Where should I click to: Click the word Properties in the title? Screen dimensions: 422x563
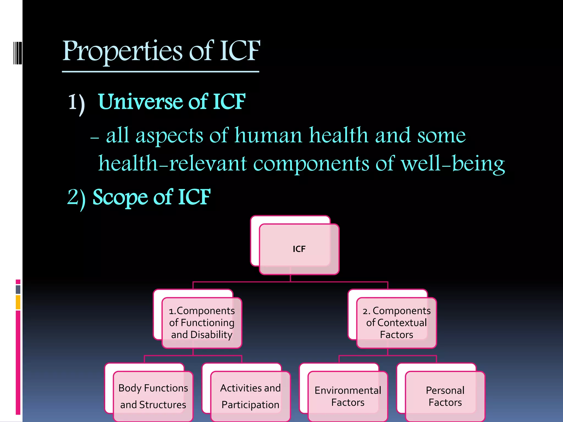pos(122,51)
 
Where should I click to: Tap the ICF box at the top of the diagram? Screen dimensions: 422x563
pos(299,249)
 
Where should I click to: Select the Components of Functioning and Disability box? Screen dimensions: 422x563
pos(202,323)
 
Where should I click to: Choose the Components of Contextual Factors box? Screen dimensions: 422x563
pos(396,323)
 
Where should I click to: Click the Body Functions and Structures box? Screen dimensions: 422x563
pos(153,396)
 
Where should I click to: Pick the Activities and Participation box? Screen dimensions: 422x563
pos(250,396)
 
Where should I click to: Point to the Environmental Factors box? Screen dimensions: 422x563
pos(348,396)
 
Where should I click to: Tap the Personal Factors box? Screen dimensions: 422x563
pos(445,396)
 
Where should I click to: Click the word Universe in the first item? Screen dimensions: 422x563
pos(140,102)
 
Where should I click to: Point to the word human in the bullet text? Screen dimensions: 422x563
pos(268,135)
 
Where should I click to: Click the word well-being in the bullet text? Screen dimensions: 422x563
pos(453,164)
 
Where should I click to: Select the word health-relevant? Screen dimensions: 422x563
pos(172,164)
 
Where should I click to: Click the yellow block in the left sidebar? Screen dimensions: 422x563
pos(18,302)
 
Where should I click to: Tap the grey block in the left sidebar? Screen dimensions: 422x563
pos(18,289)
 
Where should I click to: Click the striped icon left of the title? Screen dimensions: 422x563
pos(18,53)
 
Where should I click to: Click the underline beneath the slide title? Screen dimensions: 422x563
pos(161,72)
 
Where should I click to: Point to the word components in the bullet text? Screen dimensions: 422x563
pos(311,164)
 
